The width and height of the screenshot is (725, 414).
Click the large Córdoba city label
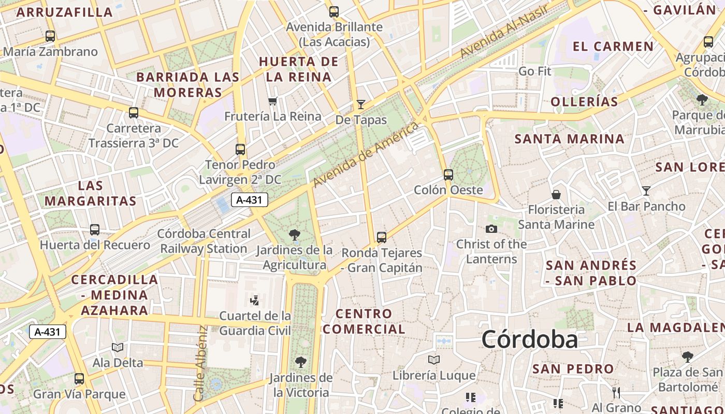pos(529,340)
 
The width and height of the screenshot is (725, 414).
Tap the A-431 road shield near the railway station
pos(249,200)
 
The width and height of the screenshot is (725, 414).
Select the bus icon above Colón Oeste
pos(448,175)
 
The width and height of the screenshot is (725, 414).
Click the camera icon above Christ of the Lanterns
pos(491,229)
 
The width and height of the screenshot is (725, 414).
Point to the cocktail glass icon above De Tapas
pos(361,104)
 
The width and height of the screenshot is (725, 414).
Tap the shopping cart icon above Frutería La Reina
pos(273,101)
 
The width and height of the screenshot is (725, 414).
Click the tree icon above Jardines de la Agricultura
pos(295,235)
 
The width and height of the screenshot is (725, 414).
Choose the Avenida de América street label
pos(365,154)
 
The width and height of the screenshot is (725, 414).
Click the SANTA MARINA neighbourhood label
pos(569,139)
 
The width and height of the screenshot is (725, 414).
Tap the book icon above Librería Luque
pos(434,360)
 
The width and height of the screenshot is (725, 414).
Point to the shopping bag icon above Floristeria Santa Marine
pos(556,195)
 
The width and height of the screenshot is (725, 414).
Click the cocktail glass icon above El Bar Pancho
pos(646,191)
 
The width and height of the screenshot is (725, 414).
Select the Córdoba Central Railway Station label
pos(204,241)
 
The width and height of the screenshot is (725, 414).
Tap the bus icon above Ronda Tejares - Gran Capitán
pos(382,238)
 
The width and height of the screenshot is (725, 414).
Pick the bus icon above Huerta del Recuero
pos(95,229)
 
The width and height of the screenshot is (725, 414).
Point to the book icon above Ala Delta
pos(118,347)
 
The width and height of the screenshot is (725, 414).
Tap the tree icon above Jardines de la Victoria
pos(300,362)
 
